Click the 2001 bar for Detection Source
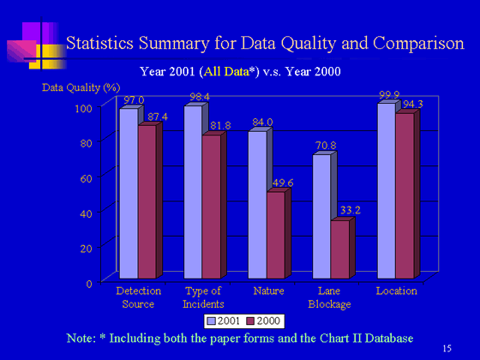click(129, 194)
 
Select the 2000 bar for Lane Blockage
click(340, 249)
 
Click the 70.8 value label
click(326, 145)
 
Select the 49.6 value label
click(283, 183)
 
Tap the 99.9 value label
click(389, 95)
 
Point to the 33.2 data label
click(351, 210)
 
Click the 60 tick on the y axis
click(86, 178)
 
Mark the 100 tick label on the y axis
click(84, 108)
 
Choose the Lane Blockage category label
click(329, 297)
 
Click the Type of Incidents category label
click(203, 297)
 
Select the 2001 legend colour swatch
click(212, 321)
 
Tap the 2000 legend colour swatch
click(250, 321)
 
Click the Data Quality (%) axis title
click(81, 87)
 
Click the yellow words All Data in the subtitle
click(226, 72)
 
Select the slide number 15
click(447, 348)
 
